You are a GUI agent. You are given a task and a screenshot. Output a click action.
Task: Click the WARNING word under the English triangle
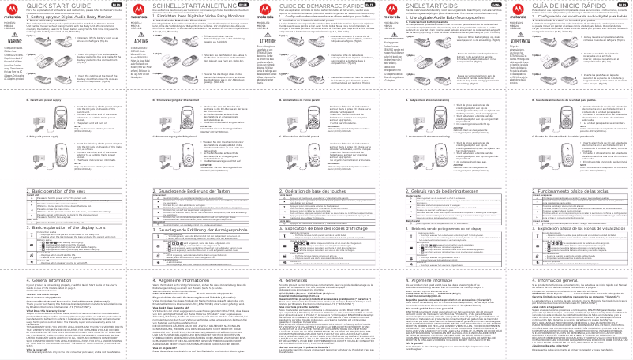click(13, 54)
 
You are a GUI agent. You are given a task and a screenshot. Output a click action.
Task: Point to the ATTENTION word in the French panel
click(265, 54)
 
